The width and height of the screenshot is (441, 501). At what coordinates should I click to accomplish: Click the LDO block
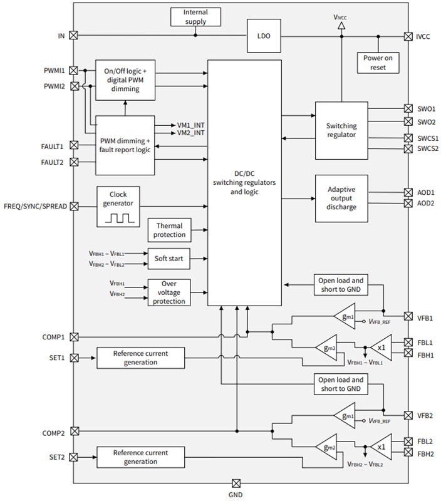[263, 36]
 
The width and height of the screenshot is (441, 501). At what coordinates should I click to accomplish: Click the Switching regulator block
[341, 130]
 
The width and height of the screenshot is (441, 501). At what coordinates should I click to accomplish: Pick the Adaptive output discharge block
[341, 198]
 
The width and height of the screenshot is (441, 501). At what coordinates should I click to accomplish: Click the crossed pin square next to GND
[236, 483]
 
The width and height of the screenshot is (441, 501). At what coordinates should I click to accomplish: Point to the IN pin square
[74, 36]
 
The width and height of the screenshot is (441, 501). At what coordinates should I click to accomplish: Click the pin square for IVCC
[408, 36]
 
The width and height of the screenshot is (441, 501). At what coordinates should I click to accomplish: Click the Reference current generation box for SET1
[140, 358]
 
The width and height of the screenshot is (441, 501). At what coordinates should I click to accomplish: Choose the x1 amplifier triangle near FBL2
[380, 448]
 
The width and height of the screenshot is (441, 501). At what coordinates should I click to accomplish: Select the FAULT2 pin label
[51, 162]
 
